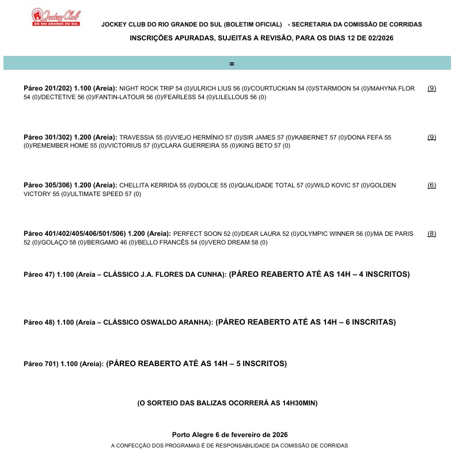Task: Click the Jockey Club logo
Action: pos(56,17)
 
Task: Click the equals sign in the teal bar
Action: pos(232,63)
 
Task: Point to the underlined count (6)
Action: pos(431,185)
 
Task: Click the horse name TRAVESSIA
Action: pos(137,137)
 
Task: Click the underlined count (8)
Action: pos(431,234)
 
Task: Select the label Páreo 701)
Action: pos(40,364)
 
